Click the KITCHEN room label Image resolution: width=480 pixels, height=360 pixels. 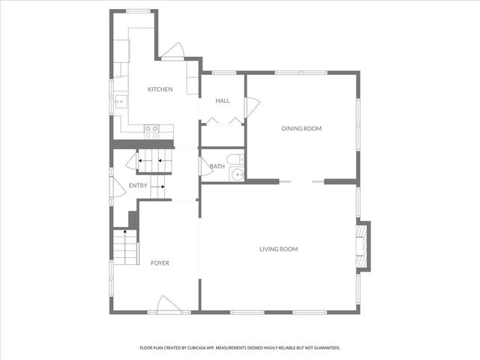click(160, 89)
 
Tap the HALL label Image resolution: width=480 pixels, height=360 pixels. click(223, 100)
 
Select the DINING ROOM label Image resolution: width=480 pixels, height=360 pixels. click(301, 128)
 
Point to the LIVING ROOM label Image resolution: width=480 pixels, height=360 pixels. click(279, 249)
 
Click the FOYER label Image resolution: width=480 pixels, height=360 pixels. click(160, 263)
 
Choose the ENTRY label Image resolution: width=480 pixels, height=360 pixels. click(138, 186)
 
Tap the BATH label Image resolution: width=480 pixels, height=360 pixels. click(217, 166)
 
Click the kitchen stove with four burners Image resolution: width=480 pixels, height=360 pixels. click(151, 132)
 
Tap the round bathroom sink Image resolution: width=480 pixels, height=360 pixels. click(237, 175)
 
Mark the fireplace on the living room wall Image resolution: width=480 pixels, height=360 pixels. click(362, 245)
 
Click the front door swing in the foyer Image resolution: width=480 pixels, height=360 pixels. click(166, 304)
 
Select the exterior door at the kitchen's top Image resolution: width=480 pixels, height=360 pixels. click(172, 51)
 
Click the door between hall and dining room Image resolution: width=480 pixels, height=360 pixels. click(251, 107)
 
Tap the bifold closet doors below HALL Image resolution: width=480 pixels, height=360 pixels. click(223, 121)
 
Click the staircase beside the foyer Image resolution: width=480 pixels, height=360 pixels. click(126, 247)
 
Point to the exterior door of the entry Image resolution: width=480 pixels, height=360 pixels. click(114, 186)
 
